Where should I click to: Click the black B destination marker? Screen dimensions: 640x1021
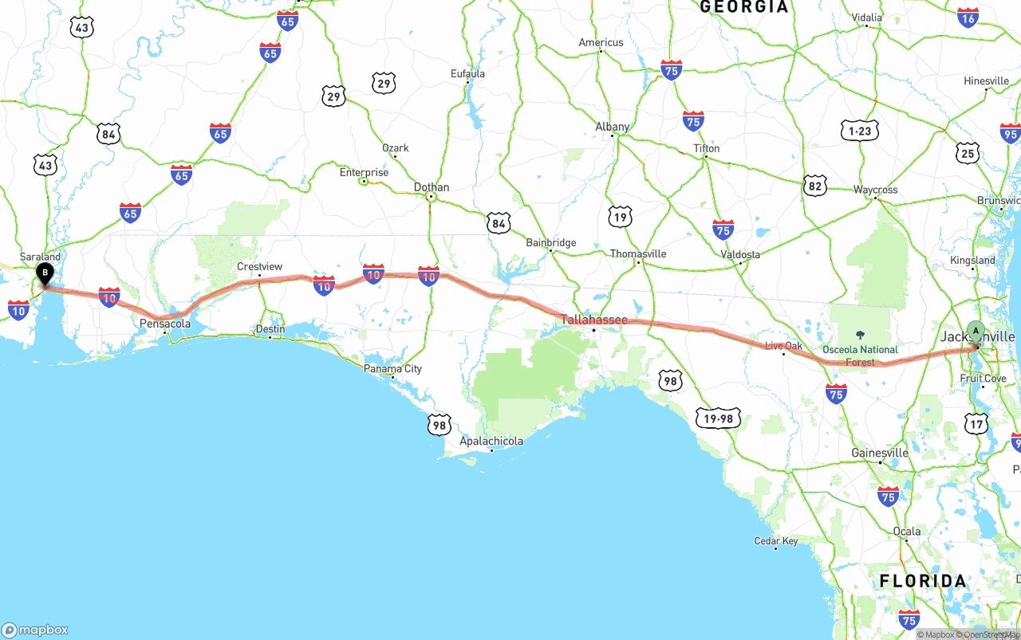[45, 274]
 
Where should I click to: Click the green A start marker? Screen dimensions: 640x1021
[976, 332]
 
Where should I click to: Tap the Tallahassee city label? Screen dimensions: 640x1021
[594, 320]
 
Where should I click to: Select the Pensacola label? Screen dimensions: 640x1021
[165, 324]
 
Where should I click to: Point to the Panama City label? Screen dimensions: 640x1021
[392, 369]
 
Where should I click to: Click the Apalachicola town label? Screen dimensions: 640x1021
[491, 441]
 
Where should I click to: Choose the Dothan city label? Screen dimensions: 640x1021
[432, 187]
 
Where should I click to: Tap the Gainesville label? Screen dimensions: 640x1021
[880, 453]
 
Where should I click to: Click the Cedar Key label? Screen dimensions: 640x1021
[776, 541]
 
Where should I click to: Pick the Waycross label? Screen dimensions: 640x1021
[875, 190]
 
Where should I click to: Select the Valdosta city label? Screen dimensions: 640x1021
[740, 254]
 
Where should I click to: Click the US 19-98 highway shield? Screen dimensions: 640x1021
[718, 418]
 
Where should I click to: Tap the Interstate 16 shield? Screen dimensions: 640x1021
[968, 18]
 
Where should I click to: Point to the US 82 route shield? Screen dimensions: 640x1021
[814, 186]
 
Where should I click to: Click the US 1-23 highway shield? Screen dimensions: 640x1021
[859, 132]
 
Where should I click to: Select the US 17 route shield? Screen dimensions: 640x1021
[976, 424]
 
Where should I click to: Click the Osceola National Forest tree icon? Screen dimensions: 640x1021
[860, 336]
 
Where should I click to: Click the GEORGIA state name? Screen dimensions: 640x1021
[743, 7]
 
